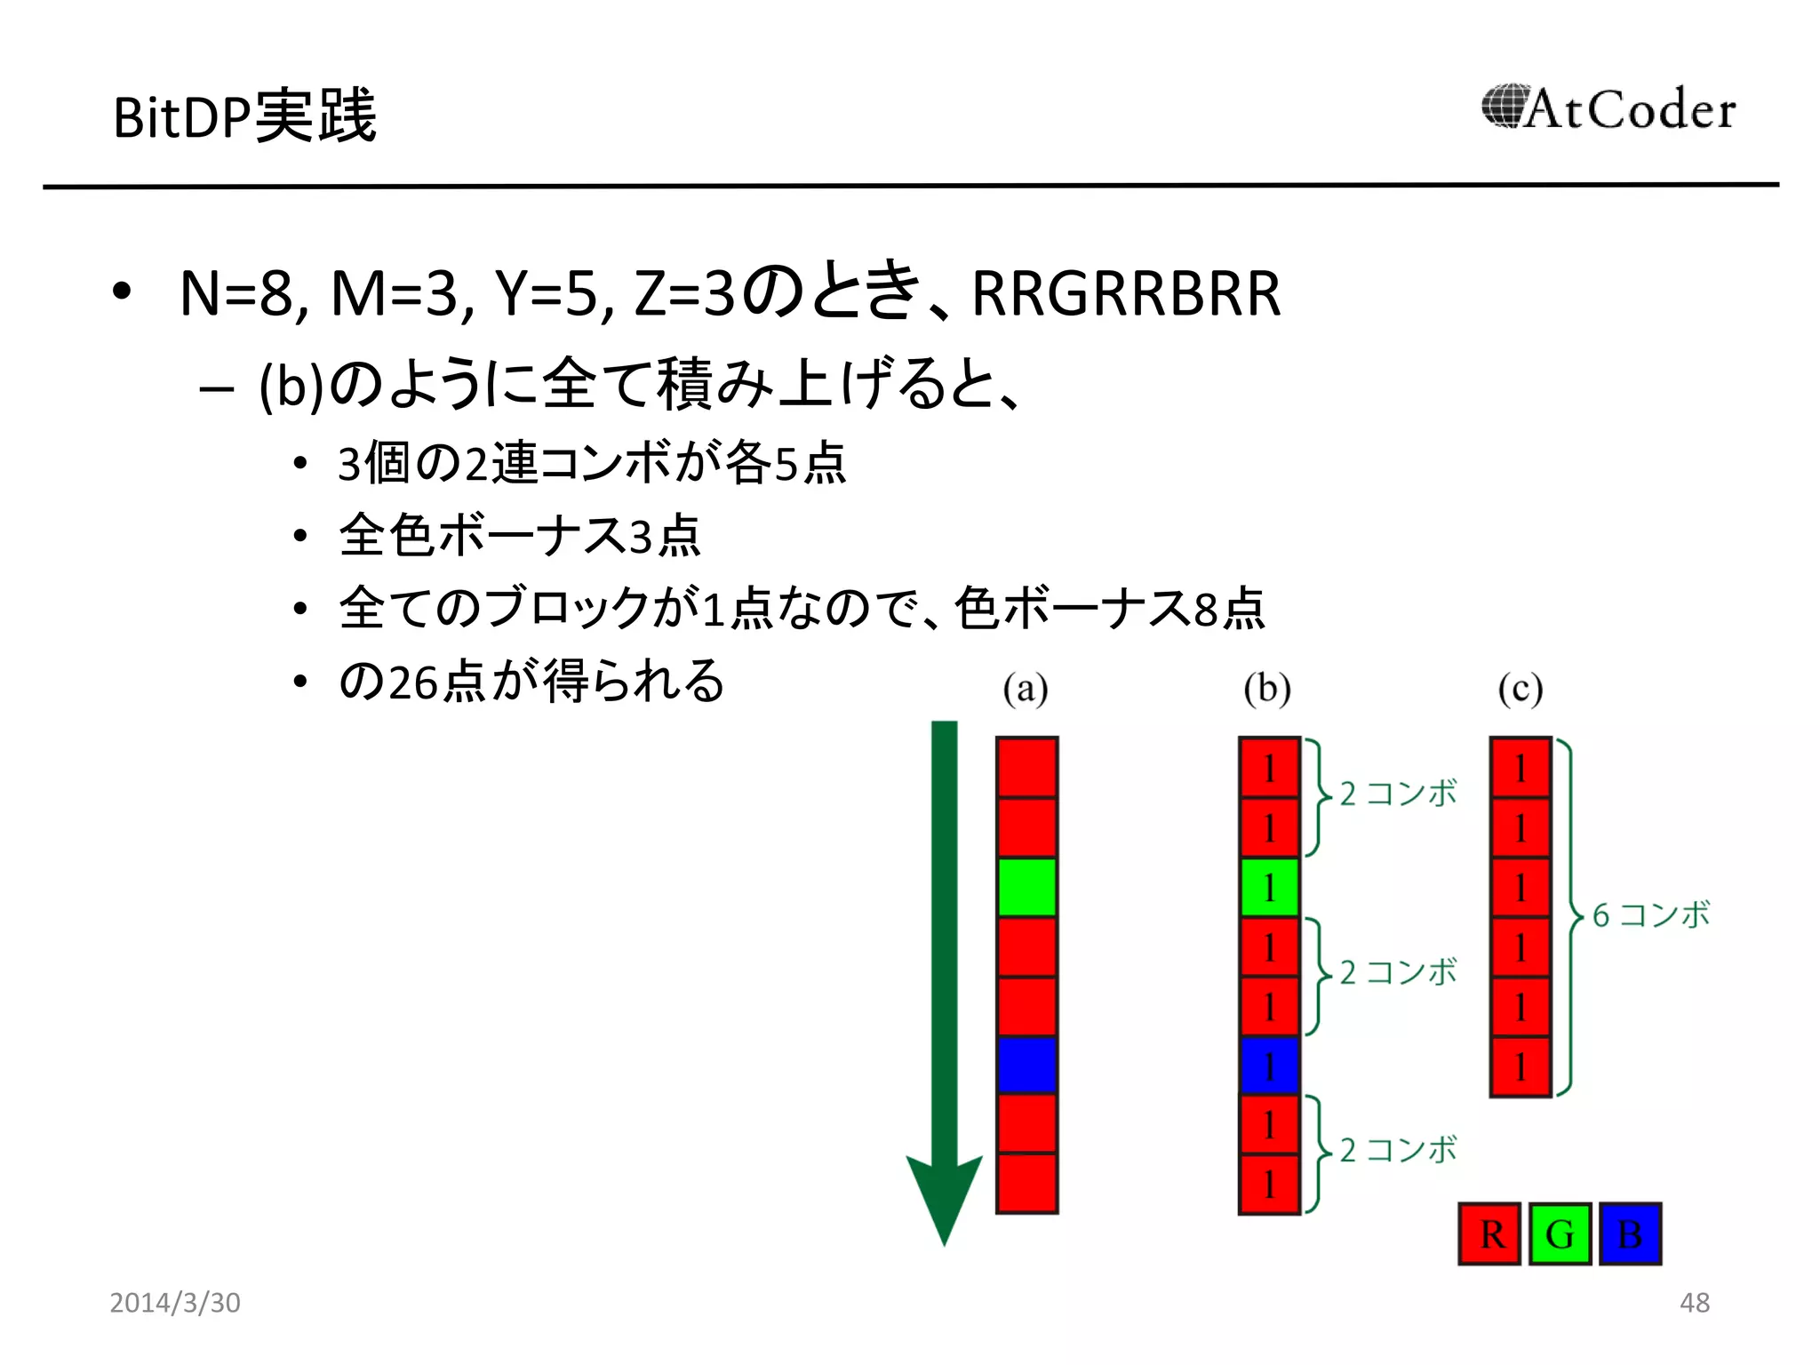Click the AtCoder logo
pos(1608,109)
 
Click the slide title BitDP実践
pos(244,116)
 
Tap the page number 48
pos(1694,1303)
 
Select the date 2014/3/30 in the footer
pos(175,1303)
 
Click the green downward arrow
pos(944,978)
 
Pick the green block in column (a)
pos(1026,887)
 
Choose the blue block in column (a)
pos(1026,1065)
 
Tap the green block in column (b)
pos(1269,887)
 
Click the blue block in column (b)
pos(1269,1066)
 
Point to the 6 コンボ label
pos(1650,914)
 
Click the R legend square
pos(1489,1233)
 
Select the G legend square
pos(1560,1233)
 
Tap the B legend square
pos(1630,1233)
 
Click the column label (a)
pos(1026,689)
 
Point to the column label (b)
pos(1267,689)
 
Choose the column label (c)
pos(1521,689)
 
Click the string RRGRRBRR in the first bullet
pos(1126,293)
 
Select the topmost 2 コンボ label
pos(1398,794)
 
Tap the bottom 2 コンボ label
pos(1398,1150)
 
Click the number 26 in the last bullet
pos(413,682)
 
